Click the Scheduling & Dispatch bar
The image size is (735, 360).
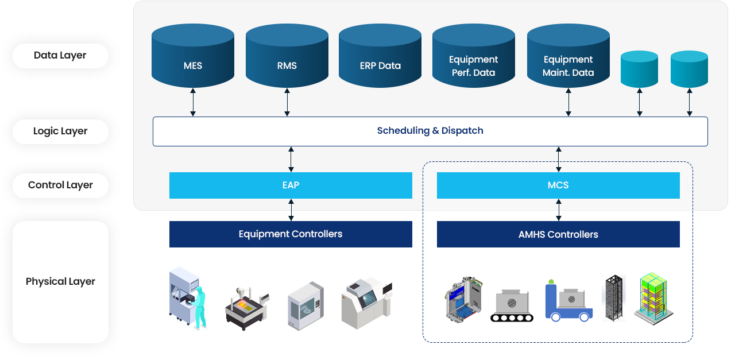[430, 131]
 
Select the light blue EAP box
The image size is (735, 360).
[291, 185]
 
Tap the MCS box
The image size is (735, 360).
[558, 185]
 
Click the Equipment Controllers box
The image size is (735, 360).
[291, 234]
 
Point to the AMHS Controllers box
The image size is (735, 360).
[558, 234]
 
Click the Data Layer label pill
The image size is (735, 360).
[60, 56]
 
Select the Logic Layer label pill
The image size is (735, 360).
[60, 131]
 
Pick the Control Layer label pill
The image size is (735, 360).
[60, 185]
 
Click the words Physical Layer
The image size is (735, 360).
[60, 281]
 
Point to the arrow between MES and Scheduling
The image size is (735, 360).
[193, 103]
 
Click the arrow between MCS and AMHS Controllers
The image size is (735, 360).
[559, 210]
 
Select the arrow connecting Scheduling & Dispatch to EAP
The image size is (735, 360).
[291, 158]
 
